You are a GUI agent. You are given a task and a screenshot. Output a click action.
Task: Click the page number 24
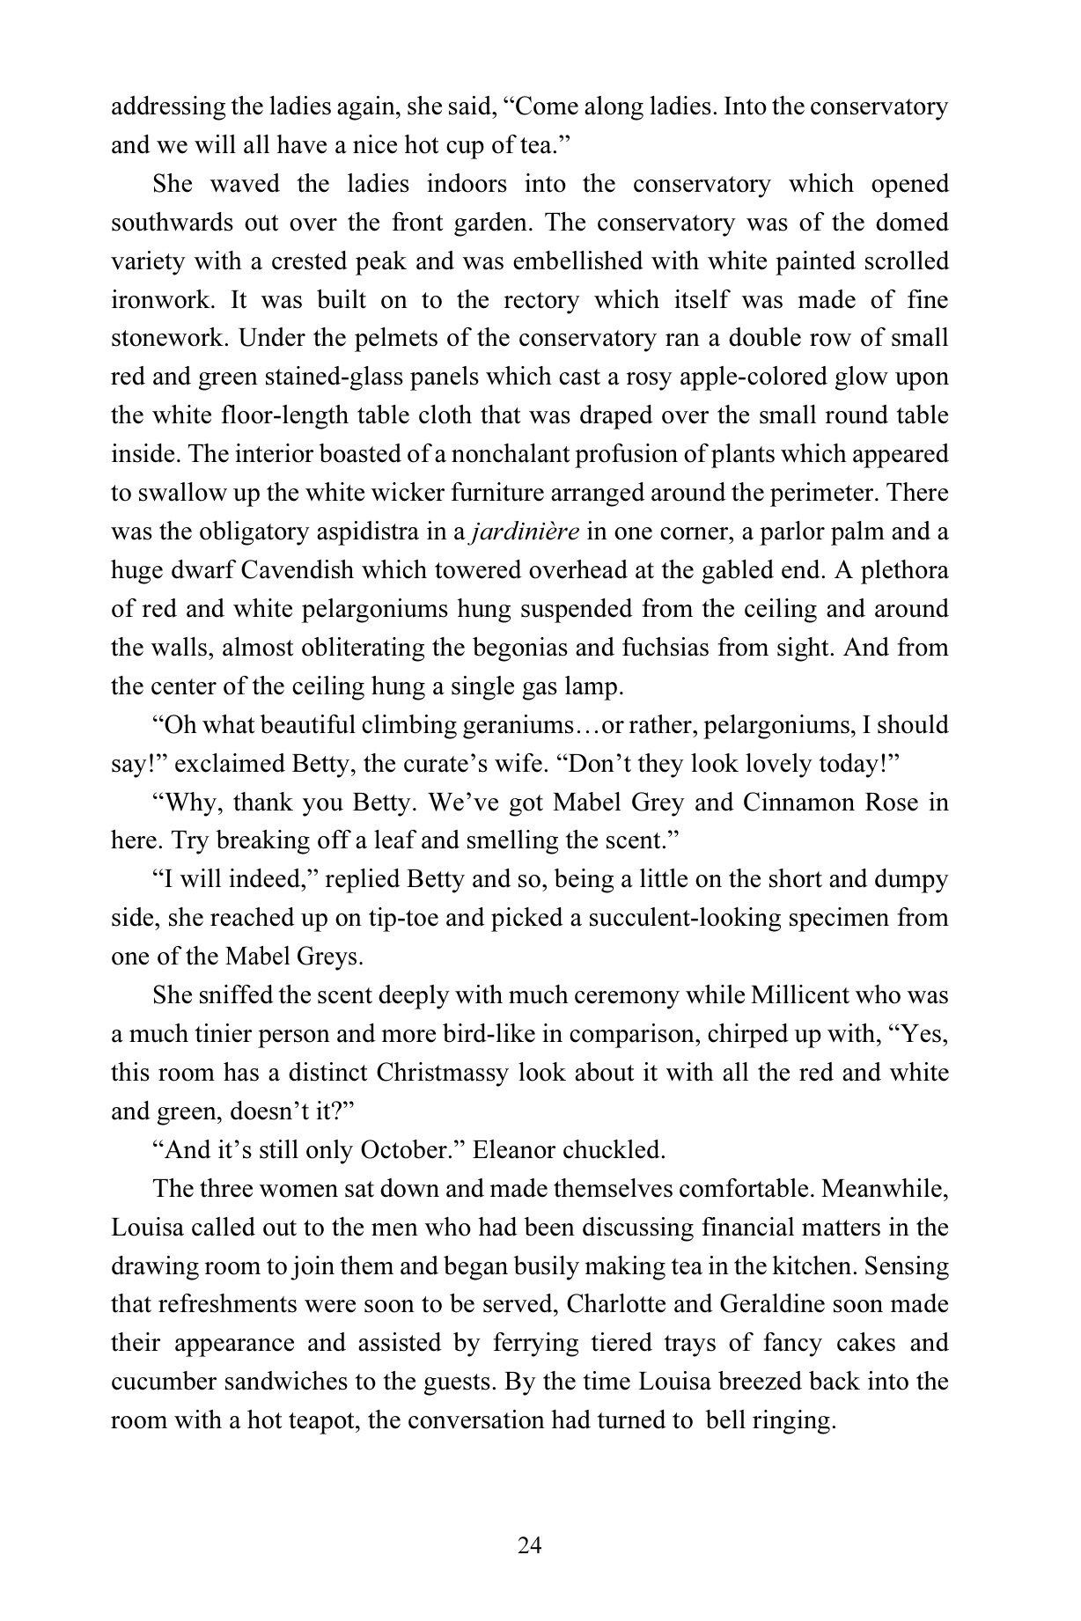coord(529,1544)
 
